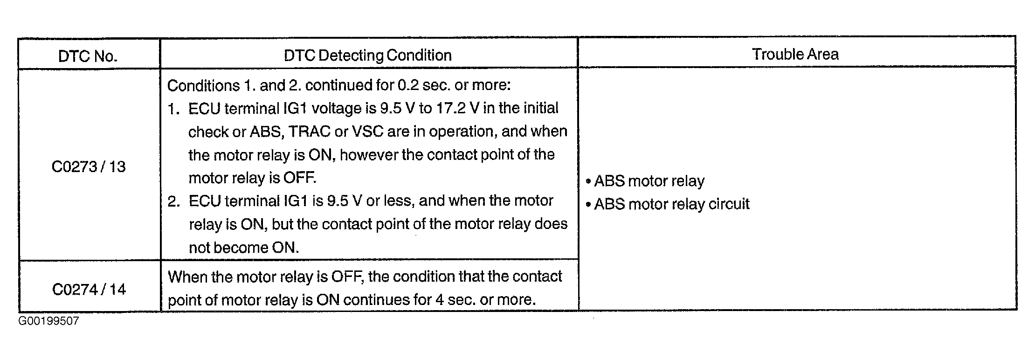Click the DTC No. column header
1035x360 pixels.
[88, 56]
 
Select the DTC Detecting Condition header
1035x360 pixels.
[367, 55]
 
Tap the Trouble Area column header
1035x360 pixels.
[795, 54]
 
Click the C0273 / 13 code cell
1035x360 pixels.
[89, 167]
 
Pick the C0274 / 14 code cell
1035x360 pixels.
[89, 290]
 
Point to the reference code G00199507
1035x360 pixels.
[49, 321]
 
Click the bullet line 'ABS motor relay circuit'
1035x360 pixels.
[671, 204]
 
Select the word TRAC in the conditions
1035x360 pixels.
[310, 132]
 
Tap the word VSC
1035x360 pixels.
[368, 132]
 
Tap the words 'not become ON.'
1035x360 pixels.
[244, 248]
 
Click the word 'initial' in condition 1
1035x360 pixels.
[540, 108]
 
